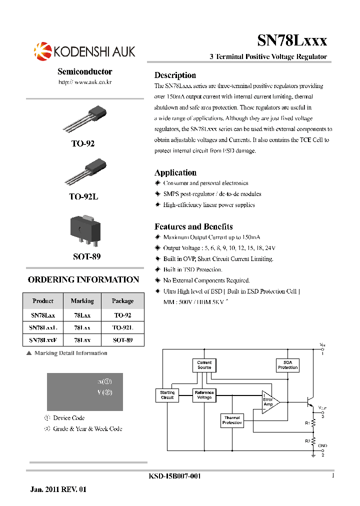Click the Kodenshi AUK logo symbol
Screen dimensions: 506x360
point(42,51)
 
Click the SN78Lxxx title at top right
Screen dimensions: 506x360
point(292,40)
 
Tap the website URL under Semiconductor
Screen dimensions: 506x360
point(84,82)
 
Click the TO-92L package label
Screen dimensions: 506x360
point(83,197)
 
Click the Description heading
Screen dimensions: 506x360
point(175,75)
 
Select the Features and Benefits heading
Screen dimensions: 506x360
point(193,226)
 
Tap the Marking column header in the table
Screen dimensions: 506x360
point(82,301)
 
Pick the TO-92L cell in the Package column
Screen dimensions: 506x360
point(122,327)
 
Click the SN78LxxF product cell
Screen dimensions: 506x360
point(43,340)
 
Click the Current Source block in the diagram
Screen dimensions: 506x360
point(204,365)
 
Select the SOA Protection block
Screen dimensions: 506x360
point(287,365)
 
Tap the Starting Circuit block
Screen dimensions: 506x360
point(167,395)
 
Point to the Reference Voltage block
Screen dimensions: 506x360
point(204,395)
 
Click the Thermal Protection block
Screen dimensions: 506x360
point(232,420)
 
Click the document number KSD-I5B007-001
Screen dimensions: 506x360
point(175,476)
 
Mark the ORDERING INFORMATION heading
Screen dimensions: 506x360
point(83,280)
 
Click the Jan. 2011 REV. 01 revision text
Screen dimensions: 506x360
point(58,489)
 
